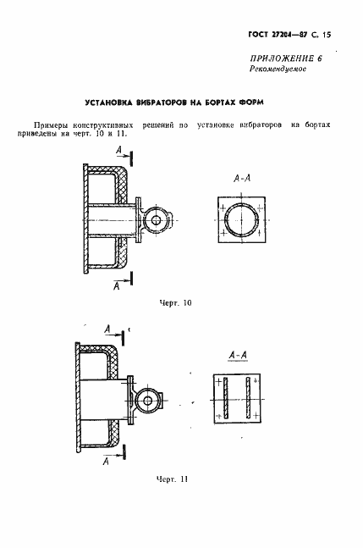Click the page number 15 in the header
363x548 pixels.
(327, 35)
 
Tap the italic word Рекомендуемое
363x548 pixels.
(278, 69)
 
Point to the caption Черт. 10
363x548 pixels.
(175, 303)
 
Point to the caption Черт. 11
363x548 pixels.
(172, 479)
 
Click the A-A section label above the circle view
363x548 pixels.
(242, 179)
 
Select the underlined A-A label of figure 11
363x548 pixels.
(238, 356)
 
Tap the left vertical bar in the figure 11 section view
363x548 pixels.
(226, 398)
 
